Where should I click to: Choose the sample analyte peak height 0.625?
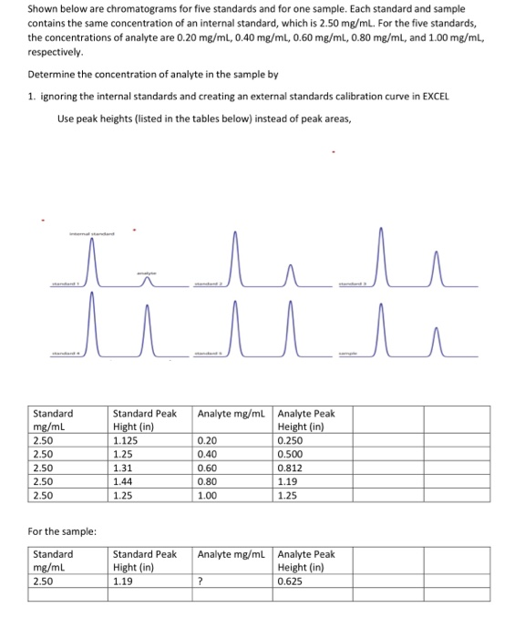(x=289, y=580)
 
